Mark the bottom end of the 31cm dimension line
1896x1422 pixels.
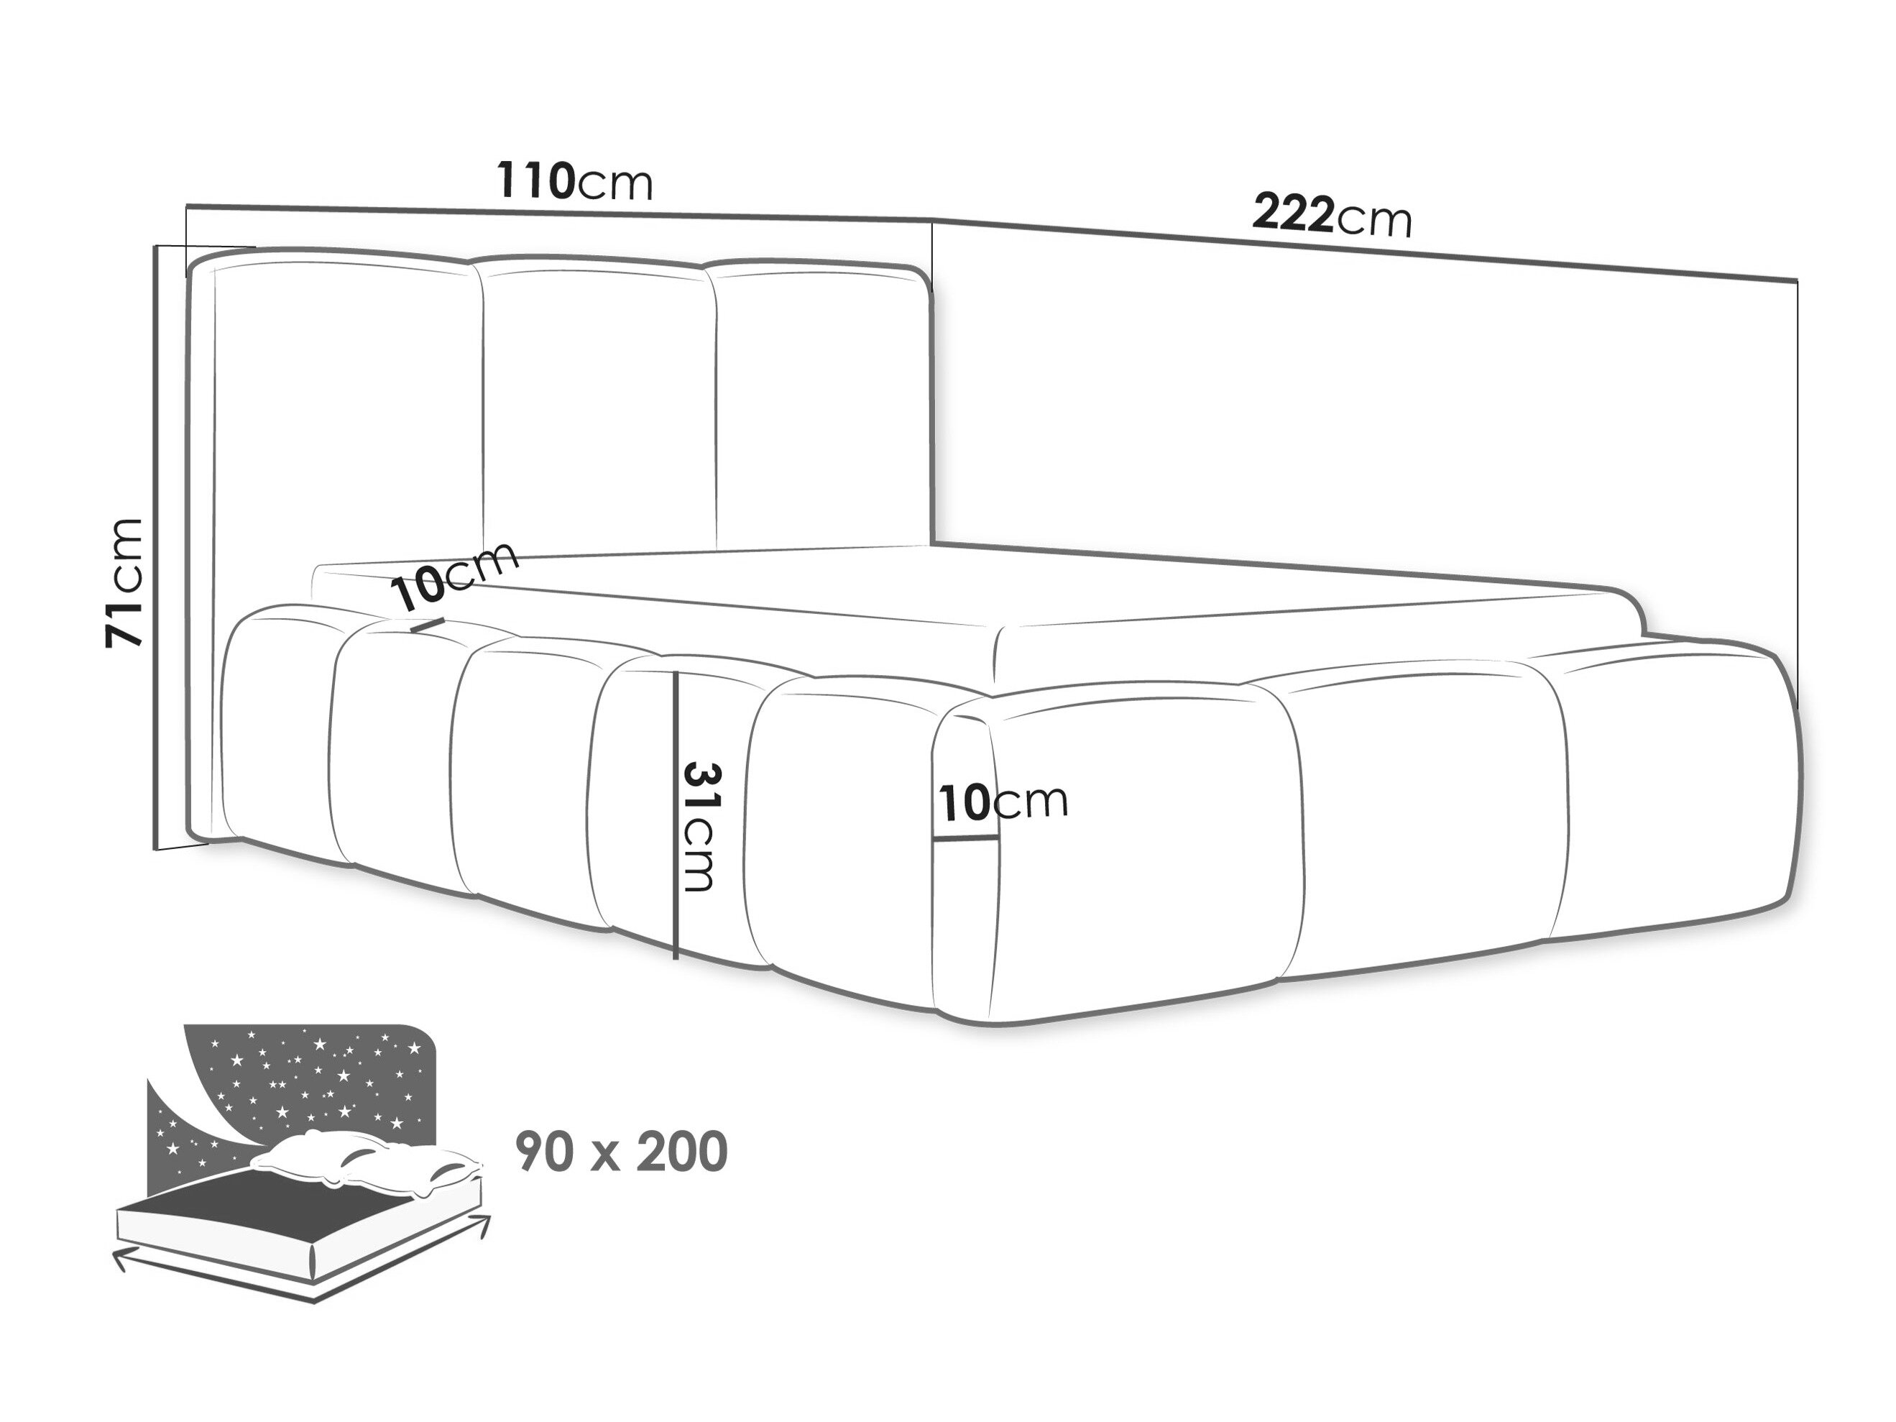(676, 958)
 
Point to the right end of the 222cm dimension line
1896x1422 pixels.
(1798, 280)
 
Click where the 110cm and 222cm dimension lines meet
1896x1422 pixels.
(933, 219)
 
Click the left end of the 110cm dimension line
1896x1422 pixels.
(187, 206)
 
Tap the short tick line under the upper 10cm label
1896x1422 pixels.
(427, 625)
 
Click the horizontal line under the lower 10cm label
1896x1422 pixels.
(966, 838)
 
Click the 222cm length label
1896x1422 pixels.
(1332, 216)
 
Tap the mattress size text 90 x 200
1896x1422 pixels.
(622, 1151)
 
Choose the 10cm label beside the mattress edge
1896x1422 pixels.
(455, 577)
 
